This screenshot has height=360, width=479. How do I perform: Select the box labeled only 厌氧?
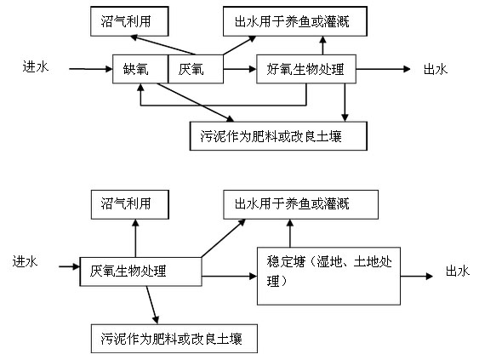coord(197,70)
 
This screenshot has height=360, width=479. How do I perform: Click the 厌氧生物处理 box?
coord(140,271)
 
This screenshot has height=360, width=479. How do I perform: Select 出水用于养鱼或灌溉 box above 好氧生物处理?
coord(294,18)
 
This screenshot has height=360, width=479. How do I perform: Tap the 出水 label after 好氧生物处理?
coord(435,70)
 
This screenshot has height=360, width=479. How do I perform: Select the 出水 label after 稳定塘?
coord(457,271)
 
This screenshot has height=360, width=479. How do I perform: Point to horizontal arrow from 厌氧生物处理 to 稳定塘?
coord(229,276)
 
